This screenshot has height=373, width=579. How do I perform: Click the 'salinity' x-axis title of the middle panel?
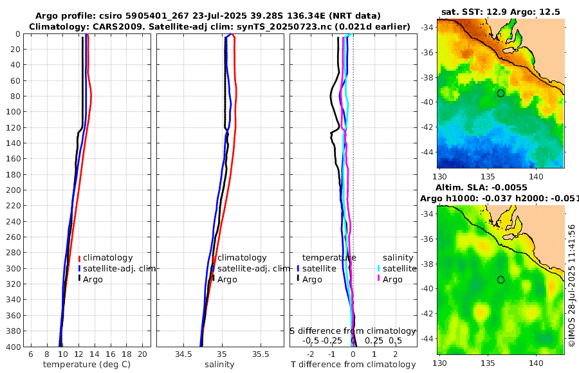coord(219,365)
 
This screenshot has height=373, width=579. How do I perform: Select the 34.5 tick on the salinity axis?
coord(183,354)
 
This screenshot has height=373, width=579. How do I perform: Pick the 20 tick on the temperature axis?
coord(142,354)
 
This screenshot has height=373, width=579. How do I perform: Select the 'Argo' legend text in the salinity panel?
coord(227,280)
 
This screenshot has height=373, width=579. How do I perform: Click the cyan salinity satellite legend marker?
coord(380,269)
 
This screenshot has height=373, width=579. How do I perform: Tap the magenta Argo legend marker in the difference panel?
coord(380,280)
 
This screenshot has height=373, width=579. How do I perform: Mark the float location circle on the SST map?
coord(501,93)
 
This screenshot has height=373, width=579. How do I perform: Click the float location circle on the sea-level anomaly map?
coord(501,280)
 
